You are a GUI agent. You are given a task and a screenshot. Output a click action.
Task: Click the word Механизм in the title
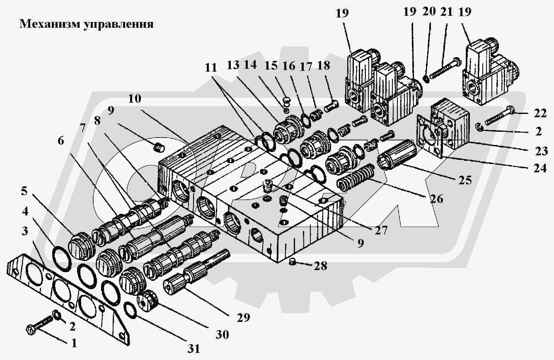coord(49,24)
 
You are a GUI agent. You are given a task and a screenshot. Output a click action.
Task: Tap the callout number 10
coord(135,99)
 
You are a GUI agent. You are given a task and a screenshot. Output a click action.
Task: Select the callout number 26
coord(436,199)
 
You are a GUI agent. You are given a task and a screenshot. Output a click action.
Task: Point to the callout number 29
coord(243,317)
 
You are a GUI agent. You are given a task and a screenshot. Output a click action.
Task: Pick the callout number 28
coord(321,266)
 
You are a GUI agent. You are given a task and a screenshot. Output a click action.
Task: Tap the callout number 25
coord(465,180)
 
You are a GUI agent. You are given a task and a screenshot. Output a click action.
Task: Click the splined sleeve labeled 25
coord(397,154)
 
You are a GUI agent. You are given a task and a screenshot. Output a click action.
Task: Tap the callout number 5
coord(24,191)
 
